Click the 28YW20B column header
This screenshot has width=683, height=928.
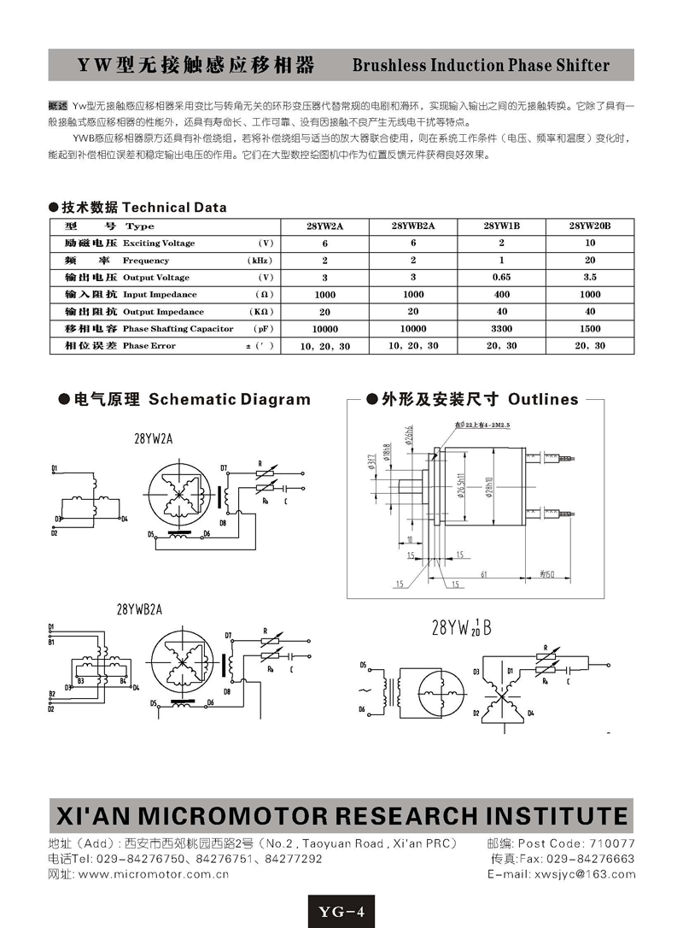590,226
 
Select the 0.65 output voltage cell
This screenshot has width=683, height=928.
501,278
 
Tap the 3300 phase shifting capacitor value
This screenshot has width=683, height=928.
501,329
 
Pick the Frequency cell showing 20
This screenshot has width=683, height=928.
590,261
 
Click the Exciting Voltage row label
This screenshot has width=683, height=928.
159,244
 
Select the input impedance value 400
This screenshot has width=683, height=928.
501,295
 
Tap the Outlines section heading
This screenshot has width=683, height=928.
542,399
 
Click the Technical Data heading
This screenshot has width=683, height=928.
174,208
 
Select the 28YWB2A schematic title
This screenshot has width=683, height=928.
139,609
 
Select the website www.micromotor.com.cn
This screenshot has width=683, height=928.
153,874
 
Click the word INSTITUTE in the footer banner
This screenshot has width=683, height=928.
546,814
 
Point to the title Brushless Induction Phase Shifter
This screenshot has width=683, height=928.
481,66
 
